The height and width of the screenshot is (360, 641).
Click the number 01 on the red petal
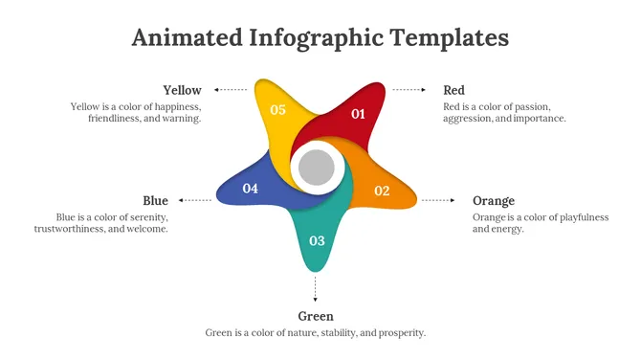[x=358, y=114]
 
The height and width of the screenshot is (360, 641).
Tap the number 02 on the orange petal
[x=382, y=191]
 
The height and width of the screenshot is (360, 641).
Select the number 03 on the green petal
[x=317, y=240]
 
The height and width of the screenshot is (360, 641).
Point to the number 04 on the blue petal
[x=251, y=189]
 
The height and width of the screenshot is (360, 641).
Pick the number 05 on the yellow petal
[x=277, y=110]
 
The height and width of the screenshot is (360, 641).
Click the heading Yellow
[x=182, y=90]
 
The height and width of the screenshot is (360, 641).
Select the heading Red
[x=453, y=90]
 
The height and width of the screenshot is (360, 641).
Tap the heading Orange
[x=494, y=200]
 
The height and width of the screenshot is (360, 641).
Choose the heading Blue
[x=155, y=200]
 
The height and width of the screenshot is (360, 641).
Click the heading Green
[x=316, y=316]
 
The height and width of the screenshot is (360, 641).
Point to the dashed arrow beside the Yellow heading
[x=231, y=90]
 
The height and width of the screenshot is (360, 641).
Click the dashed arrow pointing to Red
[x=409, y=90]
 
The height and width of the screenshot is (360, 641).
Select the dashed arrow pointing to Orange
[x=439, y=200]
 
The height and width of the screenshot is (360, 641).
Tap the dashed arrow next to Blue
[x=196, y=200]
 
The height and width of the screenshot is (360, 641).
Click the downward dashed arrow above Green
[x=316, y=288]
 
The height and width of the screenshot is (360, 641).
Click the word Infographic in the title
[x=315, y=38]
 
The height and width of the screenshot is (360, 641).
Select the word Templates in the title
[x=450, y=37]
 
